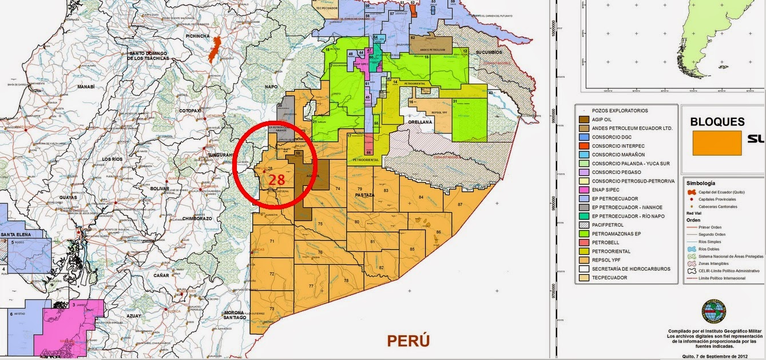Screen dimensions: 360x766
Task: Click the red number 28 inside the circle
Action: point(277,180)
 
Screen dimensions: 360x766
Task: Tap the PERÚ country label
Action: point(408,341)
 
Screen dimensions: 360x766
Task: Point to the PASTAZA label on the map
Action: point(364,195)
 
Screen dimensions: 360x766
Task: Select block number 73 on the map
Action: point(272,309)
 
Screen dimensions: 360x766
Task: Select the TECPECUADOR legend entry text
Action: point(609,278)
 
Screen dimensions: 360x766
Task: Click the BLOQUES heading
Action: point(717,122)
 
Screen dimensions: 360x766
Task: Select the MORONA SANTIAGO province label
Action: point(235,314)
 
